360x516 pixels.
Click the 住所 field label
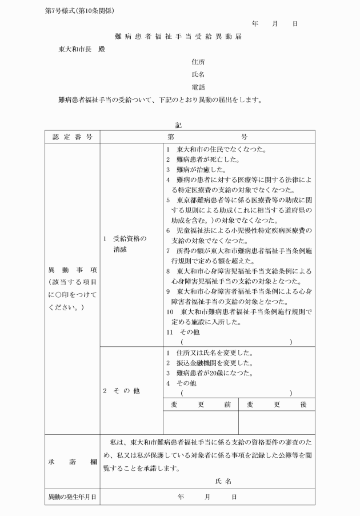pos(198,61)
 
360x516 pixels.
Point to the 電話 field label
pos(198,87)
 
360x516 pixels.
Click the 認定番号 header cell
pos(73,137)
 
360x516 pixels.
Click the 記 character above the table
pos(179,125)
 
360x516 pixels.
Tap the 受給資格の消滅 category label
pos(125,244)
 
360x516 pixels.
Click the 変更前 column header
pos(201,404)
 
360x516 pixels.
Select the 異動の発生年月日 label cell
pos(73,497)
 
